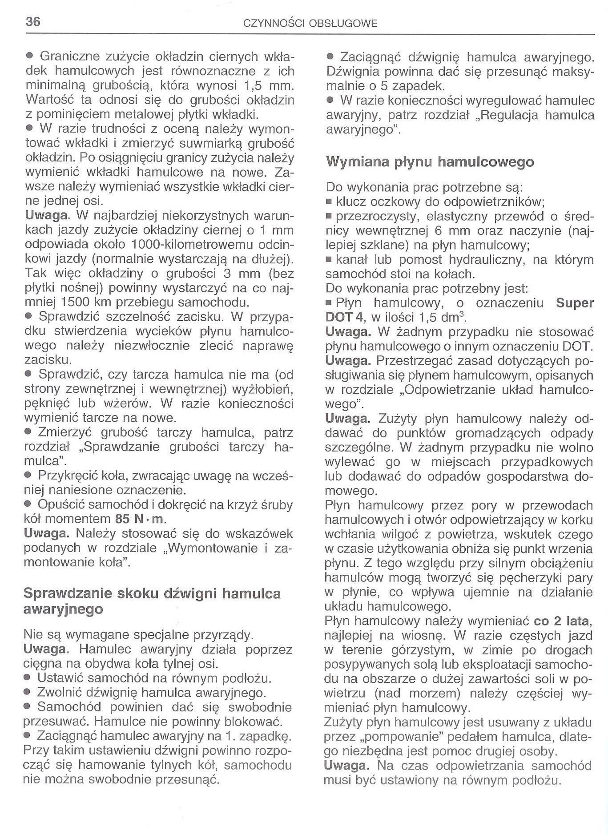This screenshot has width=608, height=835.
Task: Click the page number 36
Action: [x=33, y=22]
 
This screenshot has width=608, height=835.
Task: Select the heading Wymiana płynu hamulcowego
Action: [x=430, y=161]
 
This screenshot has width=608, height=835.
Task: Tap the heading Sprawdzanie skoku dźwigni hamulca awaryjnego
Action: [x=152, y=601]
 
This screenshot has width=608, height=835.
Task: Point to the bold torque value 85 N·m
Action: [x=140, y=519]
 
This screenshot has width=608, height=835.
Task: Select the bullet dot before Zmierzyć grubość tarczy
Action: [x=28, y=432]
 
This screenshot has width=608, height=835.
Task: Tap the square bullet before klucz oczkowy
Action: [x=329, y=202]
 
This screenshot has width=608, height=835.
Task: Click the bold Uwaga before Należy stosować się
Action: [x=46, y=533]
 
